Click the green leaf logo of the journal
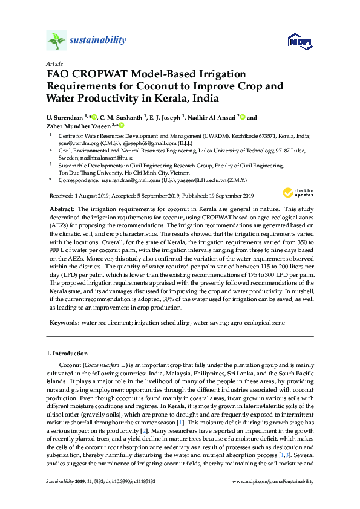56,41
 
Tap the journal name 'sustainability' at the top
99,41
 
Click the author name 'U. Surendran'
65,117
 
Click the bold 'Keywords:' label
63,323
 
